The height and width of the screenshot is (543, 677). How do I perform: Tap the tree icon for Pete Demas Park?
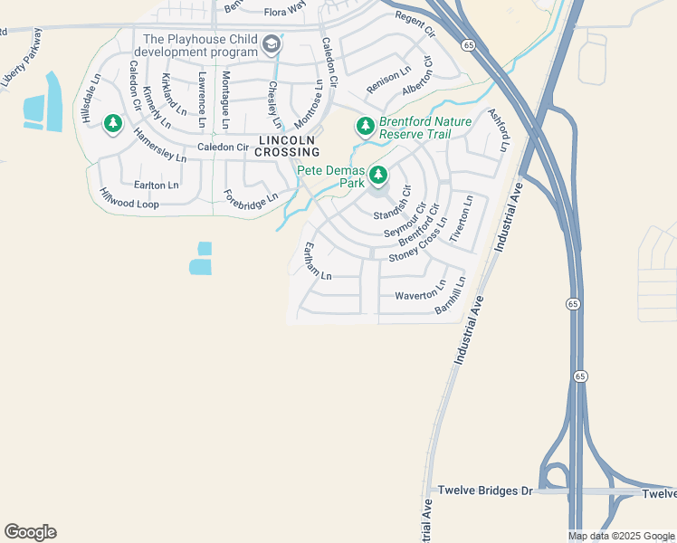(378, 176)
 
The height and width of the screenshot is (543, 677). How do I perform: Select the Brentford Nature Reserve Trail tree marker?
(365, 126)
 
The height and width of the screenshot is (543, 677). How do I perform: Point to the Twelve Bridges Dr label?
(486, 491)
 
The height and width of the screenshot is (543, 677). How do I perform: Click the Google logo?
(30, 532)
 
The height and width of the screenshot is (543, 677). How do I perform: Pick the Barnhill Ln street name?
(450, 296)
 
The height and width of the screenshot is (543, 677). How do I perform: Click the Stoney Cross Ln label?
(418, 240)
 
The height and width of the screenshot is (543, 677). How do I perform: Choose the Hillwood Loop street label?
(129, 198)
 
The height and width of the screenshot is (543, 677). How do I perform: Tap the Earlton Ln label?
(149, 185)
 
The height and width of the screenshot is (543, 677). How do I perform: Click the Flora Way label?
(286, 12)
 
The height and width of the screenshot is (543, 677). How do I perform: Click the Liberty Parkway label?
(23, 56)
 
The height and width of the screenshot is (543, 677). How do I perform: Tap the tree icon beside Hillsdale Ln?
(113, 123)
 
